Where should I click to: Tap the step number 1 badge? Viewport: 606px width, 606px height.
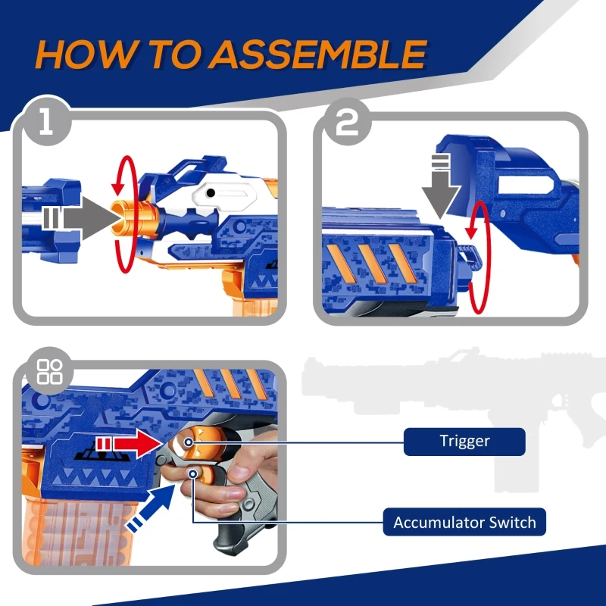pyautogui.click(x=47, y=121)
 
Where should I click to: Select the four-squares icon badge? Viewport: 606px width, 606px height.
pyautogui.click(x=49, y=371)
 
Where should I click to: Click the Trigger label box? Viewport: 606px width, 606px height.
pyautogui.click(x=464, y=442)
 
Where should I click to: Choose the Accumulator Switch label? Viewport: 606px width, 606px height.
pyautogui.click(x=464, y=522)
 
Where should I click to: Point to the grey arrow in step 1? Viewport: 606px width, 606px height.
pyautogui.click(x=81, y=218)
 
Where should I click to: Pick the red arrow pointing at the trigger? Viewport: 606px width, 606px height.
pyautogui.click(x=131, y=444)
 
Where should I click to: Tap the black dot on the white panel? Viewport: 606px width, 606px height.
pyautogui.click(x=211, y=192)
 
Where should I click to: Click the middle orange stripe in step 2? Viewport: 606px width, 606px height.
pyautogui.click(x=373, y=264)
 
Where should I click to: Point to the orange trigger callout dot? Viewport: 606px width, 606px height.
pyautogui.click(x=188, y=442)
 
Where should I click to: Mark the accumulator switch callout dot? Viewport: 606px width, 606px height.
pyautogui.click(x=193, y=473)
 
